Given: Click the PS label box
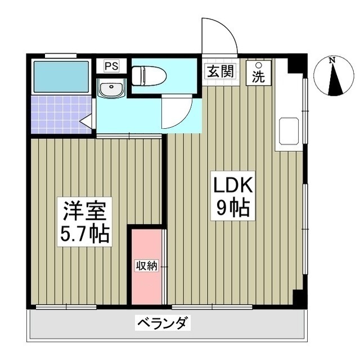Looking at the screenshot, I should tap(111, 66).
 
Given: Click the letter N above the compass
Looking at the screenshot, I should tap(333, 60).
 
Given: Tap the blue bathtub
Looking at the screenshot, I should tap(61, 76).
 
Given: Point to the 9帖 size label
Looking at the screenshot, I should tap(234, 209).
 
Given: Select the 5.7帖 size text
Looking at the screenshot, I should tap(84, 232).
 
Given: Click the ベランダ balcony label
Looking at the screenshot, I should tap(164, 323).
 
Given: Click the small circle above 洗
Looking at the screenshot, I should tap(258, 64).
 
